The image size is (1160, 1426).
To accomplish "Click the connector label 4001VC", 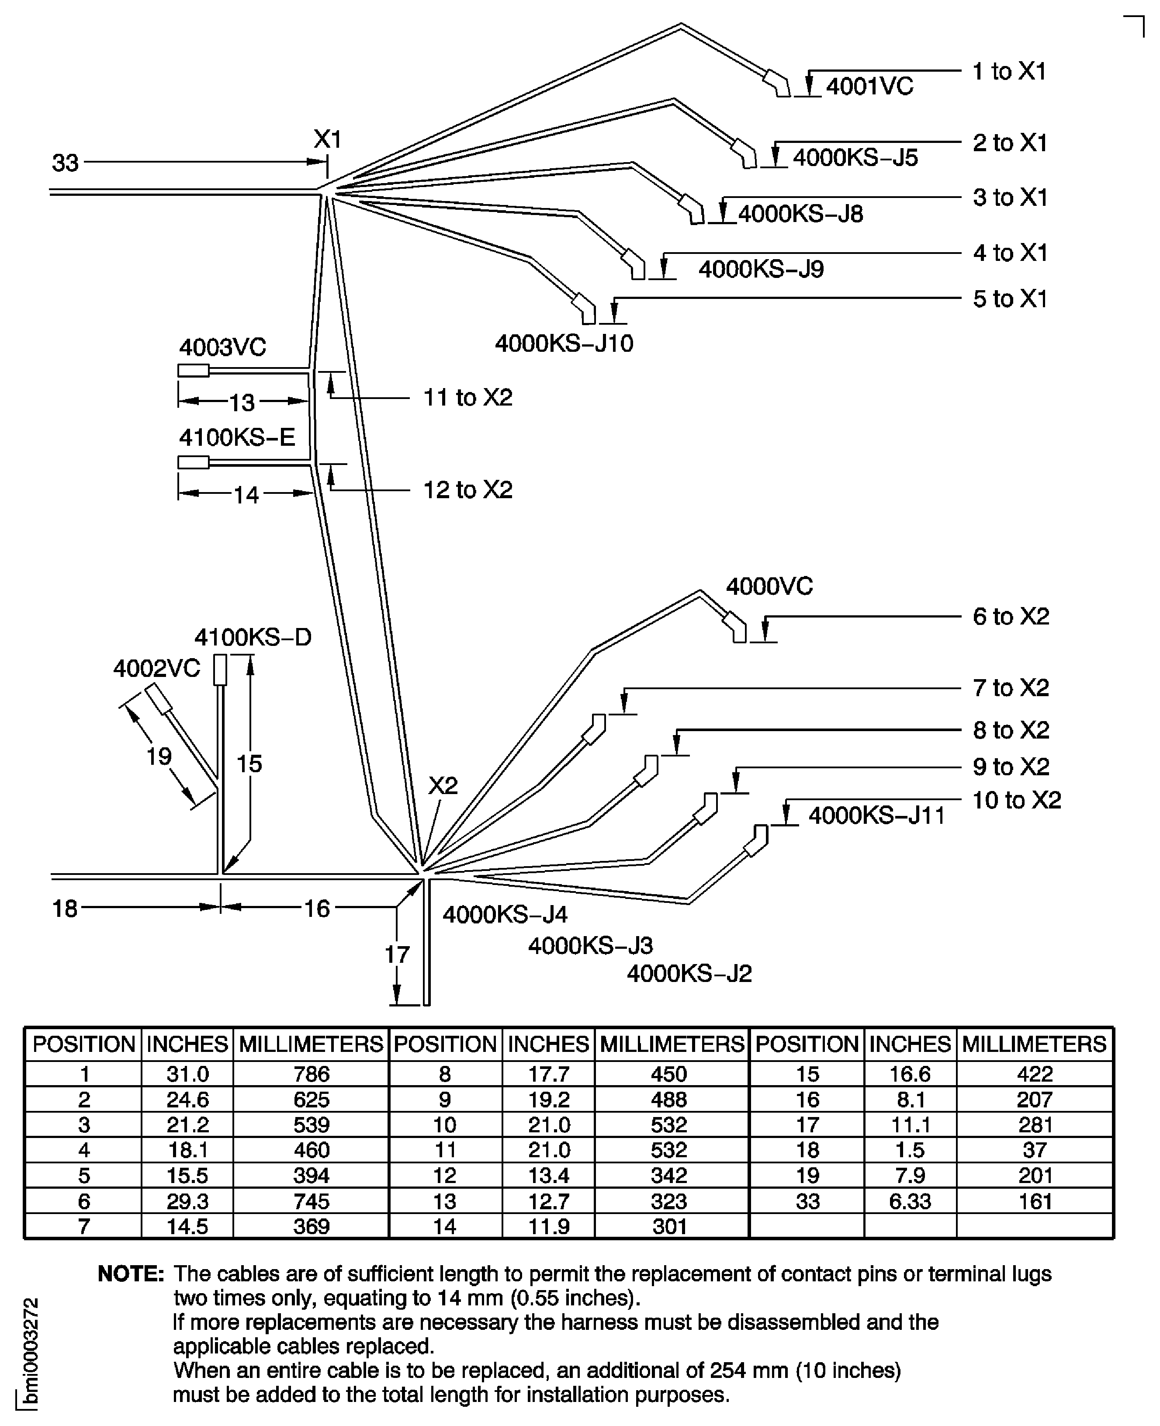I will point(869,87).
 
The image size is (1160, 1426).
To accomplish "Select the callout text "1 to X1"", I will point(1009,72).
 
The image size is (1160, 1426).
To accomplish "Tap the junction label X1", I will point(327,140).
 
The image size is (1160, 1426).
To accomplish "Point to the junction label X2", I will point(443,785).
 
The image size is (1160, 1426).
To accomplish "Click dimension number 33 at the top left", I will point(66,163).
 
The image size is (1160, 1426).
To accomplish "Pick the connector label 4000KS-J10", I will point(564,343).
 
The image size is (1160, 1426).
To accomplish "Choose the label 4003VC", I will point(222,347).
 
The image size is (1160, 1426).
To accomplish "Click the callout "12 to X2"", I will point(468,490).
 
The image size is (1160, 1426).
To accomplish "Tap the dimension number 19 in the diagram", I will point(159,756).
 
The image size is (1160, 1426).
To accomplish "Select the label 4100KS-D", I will point(253,638).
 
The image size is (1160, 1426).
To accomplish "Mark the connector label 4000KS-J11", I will point(877,816).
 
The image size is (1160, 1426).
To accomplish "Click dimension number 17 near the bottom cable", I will point(396,955).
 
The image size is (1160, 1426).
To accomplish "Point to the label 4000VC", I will point(769,587).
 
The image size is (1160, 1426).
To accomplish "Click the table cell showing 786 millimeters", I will point(312,1074).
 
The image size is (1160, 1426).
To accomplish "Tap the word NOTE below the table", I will point(131,1273).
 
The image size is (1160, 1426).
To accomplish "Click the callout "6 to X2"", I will point(1010,617).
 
